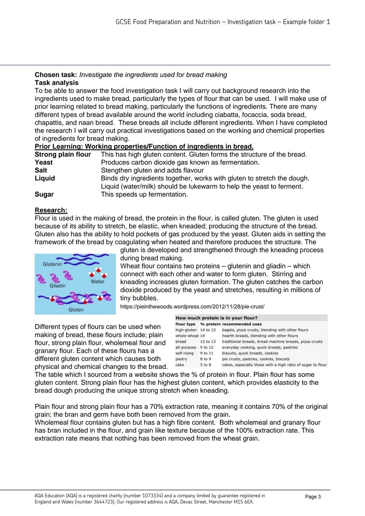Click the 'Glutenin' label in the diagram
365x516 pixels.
pos(52,264)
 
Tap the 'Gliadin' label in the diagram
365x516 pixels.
pos(57,286)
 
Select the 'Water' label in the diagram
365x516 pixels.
pos(98,281)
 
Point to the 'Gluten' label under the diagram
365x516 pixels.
pos(76,310)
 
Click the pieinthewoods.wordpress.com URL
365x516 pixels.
pos(192,306)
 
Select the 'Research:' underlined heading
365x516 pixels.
pos(51,210)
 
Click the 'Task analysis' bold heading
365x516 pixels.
pos(56,83)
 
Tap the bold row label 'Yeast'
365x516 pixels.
pos(44,163)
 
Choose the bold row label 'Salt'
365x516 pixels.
pos(41,170)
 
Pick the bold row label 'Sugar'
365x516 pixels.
pos(44,194)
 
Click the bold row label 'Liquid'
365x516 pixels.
pos(45,178)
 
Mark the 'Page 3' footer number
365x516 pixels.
pos(313,497)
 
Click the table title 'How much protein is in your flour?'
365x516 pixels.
pos(216,318)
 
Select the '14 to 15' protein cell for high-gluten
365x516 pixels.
pos(208,330)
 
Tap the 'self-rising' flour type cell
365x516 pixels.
pos(185,353)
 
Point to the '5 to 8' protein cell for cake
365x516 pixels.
pos(205,365)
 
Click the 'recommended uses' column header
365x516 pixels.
pos(242,324)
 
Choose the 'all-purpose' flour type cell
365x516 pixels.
pos(186,347)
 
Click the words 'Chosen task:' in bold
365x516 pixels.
pos(56,75)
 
